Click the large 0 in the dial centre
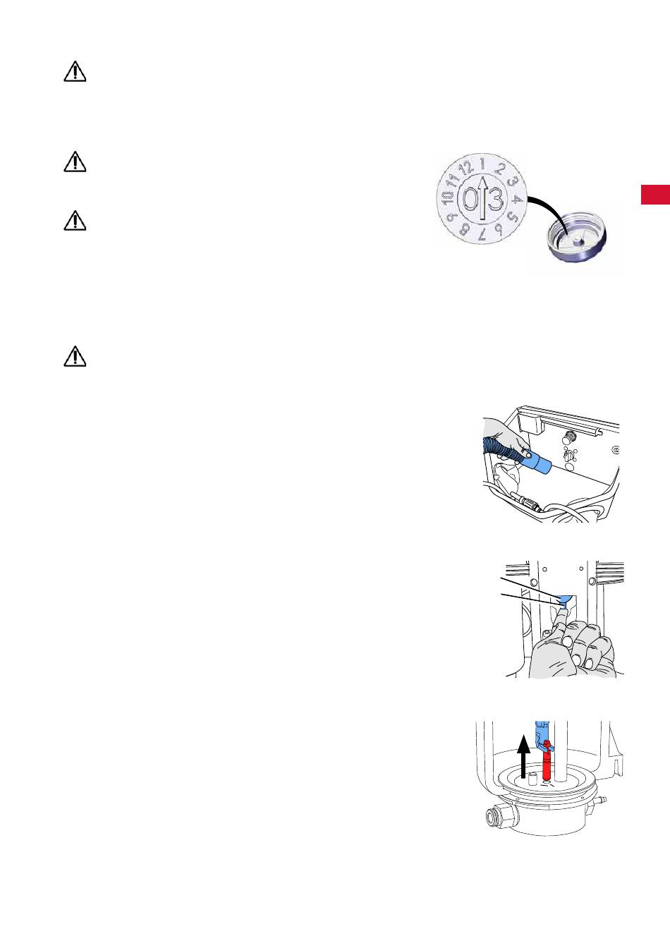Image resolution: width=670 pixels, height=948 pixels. point(470,198)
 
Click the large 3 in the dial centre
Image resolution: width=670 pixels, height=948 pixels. point(495,198)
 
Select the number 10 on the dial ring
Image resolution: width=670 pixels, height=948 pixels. point(447,197)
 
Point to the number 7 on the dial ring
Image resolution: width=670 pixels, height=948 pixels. point(483,234)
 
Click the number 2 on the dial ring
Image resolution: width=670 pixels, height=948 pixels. point(500,169)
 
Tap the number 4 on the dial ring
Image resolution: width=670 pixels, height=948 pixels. point(517,199)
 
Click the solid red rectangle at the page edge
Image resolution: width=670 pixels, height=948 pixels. point(656,195)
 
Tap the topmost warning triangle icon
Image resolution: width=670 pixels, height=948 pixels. point(75,71)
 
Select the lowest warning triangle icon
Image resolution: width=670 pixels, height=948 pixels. point(75,356)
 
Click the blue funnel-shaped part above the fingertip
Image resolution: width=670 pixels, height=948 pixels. point(564,600)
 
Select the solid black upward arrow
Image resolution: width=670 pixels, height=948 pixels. point(524,756)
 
